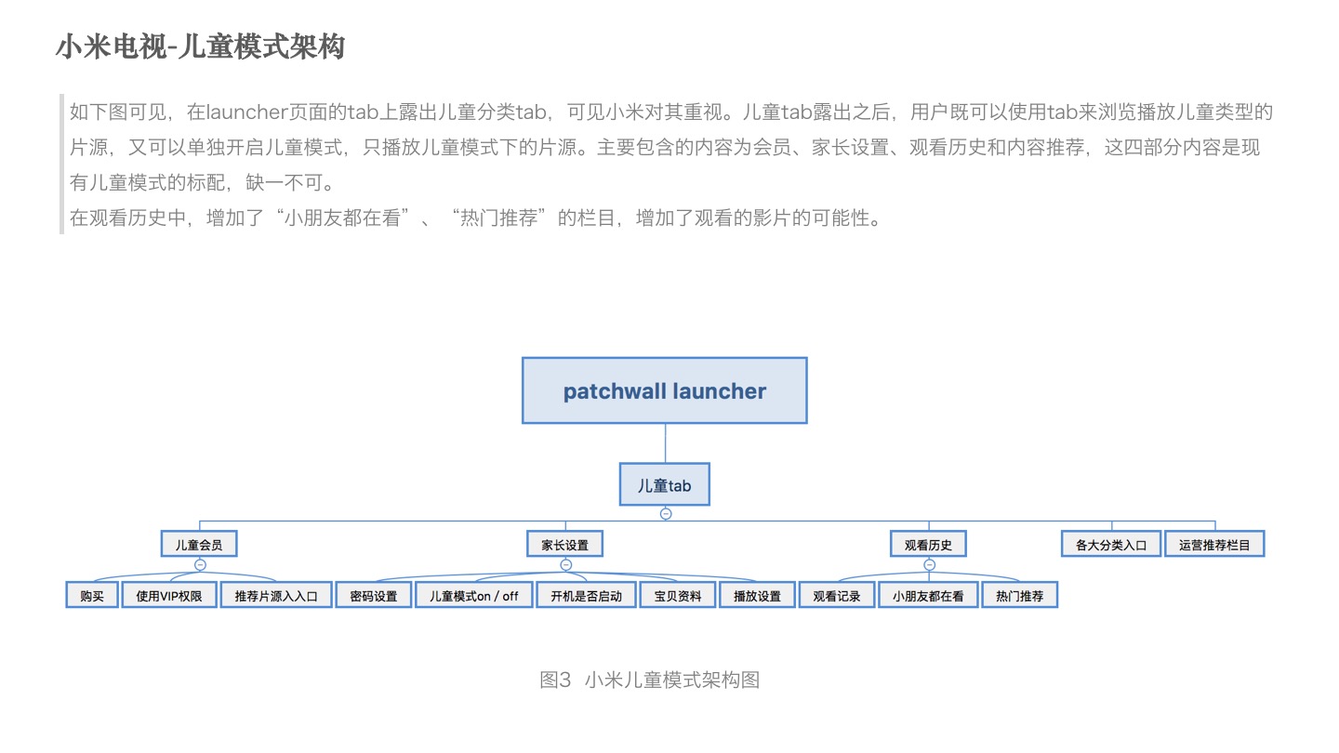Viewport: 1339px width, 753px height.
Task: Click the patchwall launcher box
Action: [x=664, y=390]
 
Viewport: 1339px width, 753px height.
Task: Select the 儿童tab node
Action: [x=664, y=484]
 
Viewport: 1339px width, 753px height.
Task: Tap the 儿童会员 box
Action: [x=199, y=544]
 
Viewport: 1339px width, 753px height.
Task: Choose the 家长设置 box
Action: [x=565, y=544]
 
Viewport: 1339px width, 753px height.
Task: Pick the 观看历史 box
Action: [x=928, y=544]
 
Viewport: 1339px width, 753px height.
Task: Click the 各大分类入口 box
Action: [x=1111, y=545]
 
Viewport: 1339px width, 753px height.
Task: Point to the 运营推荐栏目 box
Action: [x=1214, y=545]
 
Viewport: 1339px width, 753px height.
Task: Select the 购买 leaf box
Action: [x=92, y=596]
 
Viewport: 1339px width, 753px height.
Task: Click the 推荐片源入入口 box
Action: [x=276, y=596]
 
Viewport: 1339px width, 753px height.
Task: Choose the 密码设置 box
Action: [x=373, y=596]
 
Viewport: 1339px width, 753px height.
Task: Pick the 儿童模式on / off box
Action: [x=473, y=596]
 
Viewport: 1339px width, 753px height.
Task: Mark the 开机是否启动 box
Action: [x=586, y=596]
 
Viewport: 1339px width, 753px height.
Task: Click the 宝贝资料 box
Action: [x=677, y=596]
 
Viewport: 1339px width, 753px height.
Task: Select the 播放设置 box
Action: [x=757, y=596]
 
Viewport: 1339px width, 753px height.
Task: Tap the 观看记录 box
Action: [x=837, y=596]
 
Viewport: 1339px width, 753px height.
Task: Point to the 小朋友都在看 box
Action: [x=928, y=596]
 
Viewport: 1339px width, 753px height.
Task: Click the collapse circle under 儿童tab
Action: [x=665, y=513]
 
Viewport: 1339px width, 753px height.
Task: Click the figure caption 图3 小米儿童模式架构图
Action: [x=650, y=680]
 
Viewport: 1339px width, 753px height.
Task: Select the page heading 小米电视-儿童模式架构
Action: [x=200, y=46]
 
